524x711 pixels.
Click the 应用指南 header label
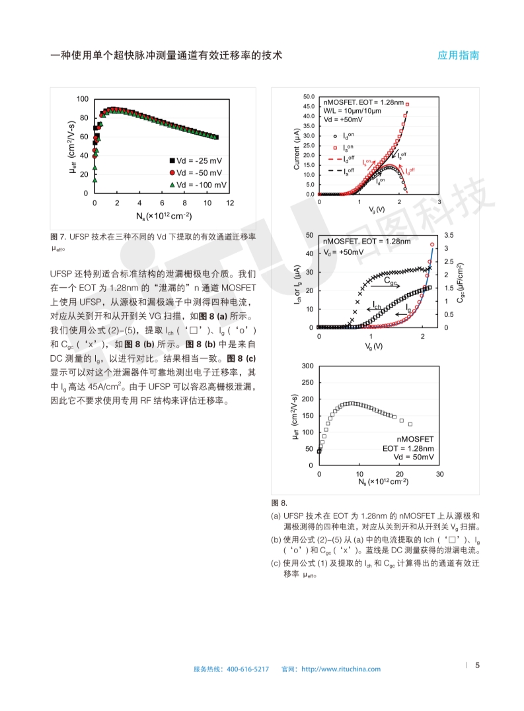click(x=458, y=55)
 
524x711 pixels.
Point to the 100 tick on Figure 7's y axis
click(x=82, y=99)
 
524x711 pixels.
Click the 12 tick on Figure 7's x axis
click(x=229, y=203)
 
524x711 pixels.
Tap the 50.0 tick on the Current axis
click(x=309, y=97)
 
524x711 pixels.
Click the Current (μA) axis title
click(x=297, y=149)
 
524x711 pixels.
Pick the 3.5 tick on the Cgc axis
click(x=449, y=235)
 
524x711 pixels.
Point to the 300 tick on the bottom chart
click(x=307, y=366)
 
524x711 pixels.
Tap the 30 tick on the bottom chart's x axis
click(x=439, y=474)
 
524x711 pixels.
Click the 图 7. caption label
click(x=59, y=236)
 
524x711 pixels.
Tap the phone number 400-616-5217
click(x=248, y=669)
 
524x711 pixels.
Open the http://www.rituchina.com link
click(x=341, y=669)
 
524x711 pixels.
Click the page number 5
click(x=478, y=665)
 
